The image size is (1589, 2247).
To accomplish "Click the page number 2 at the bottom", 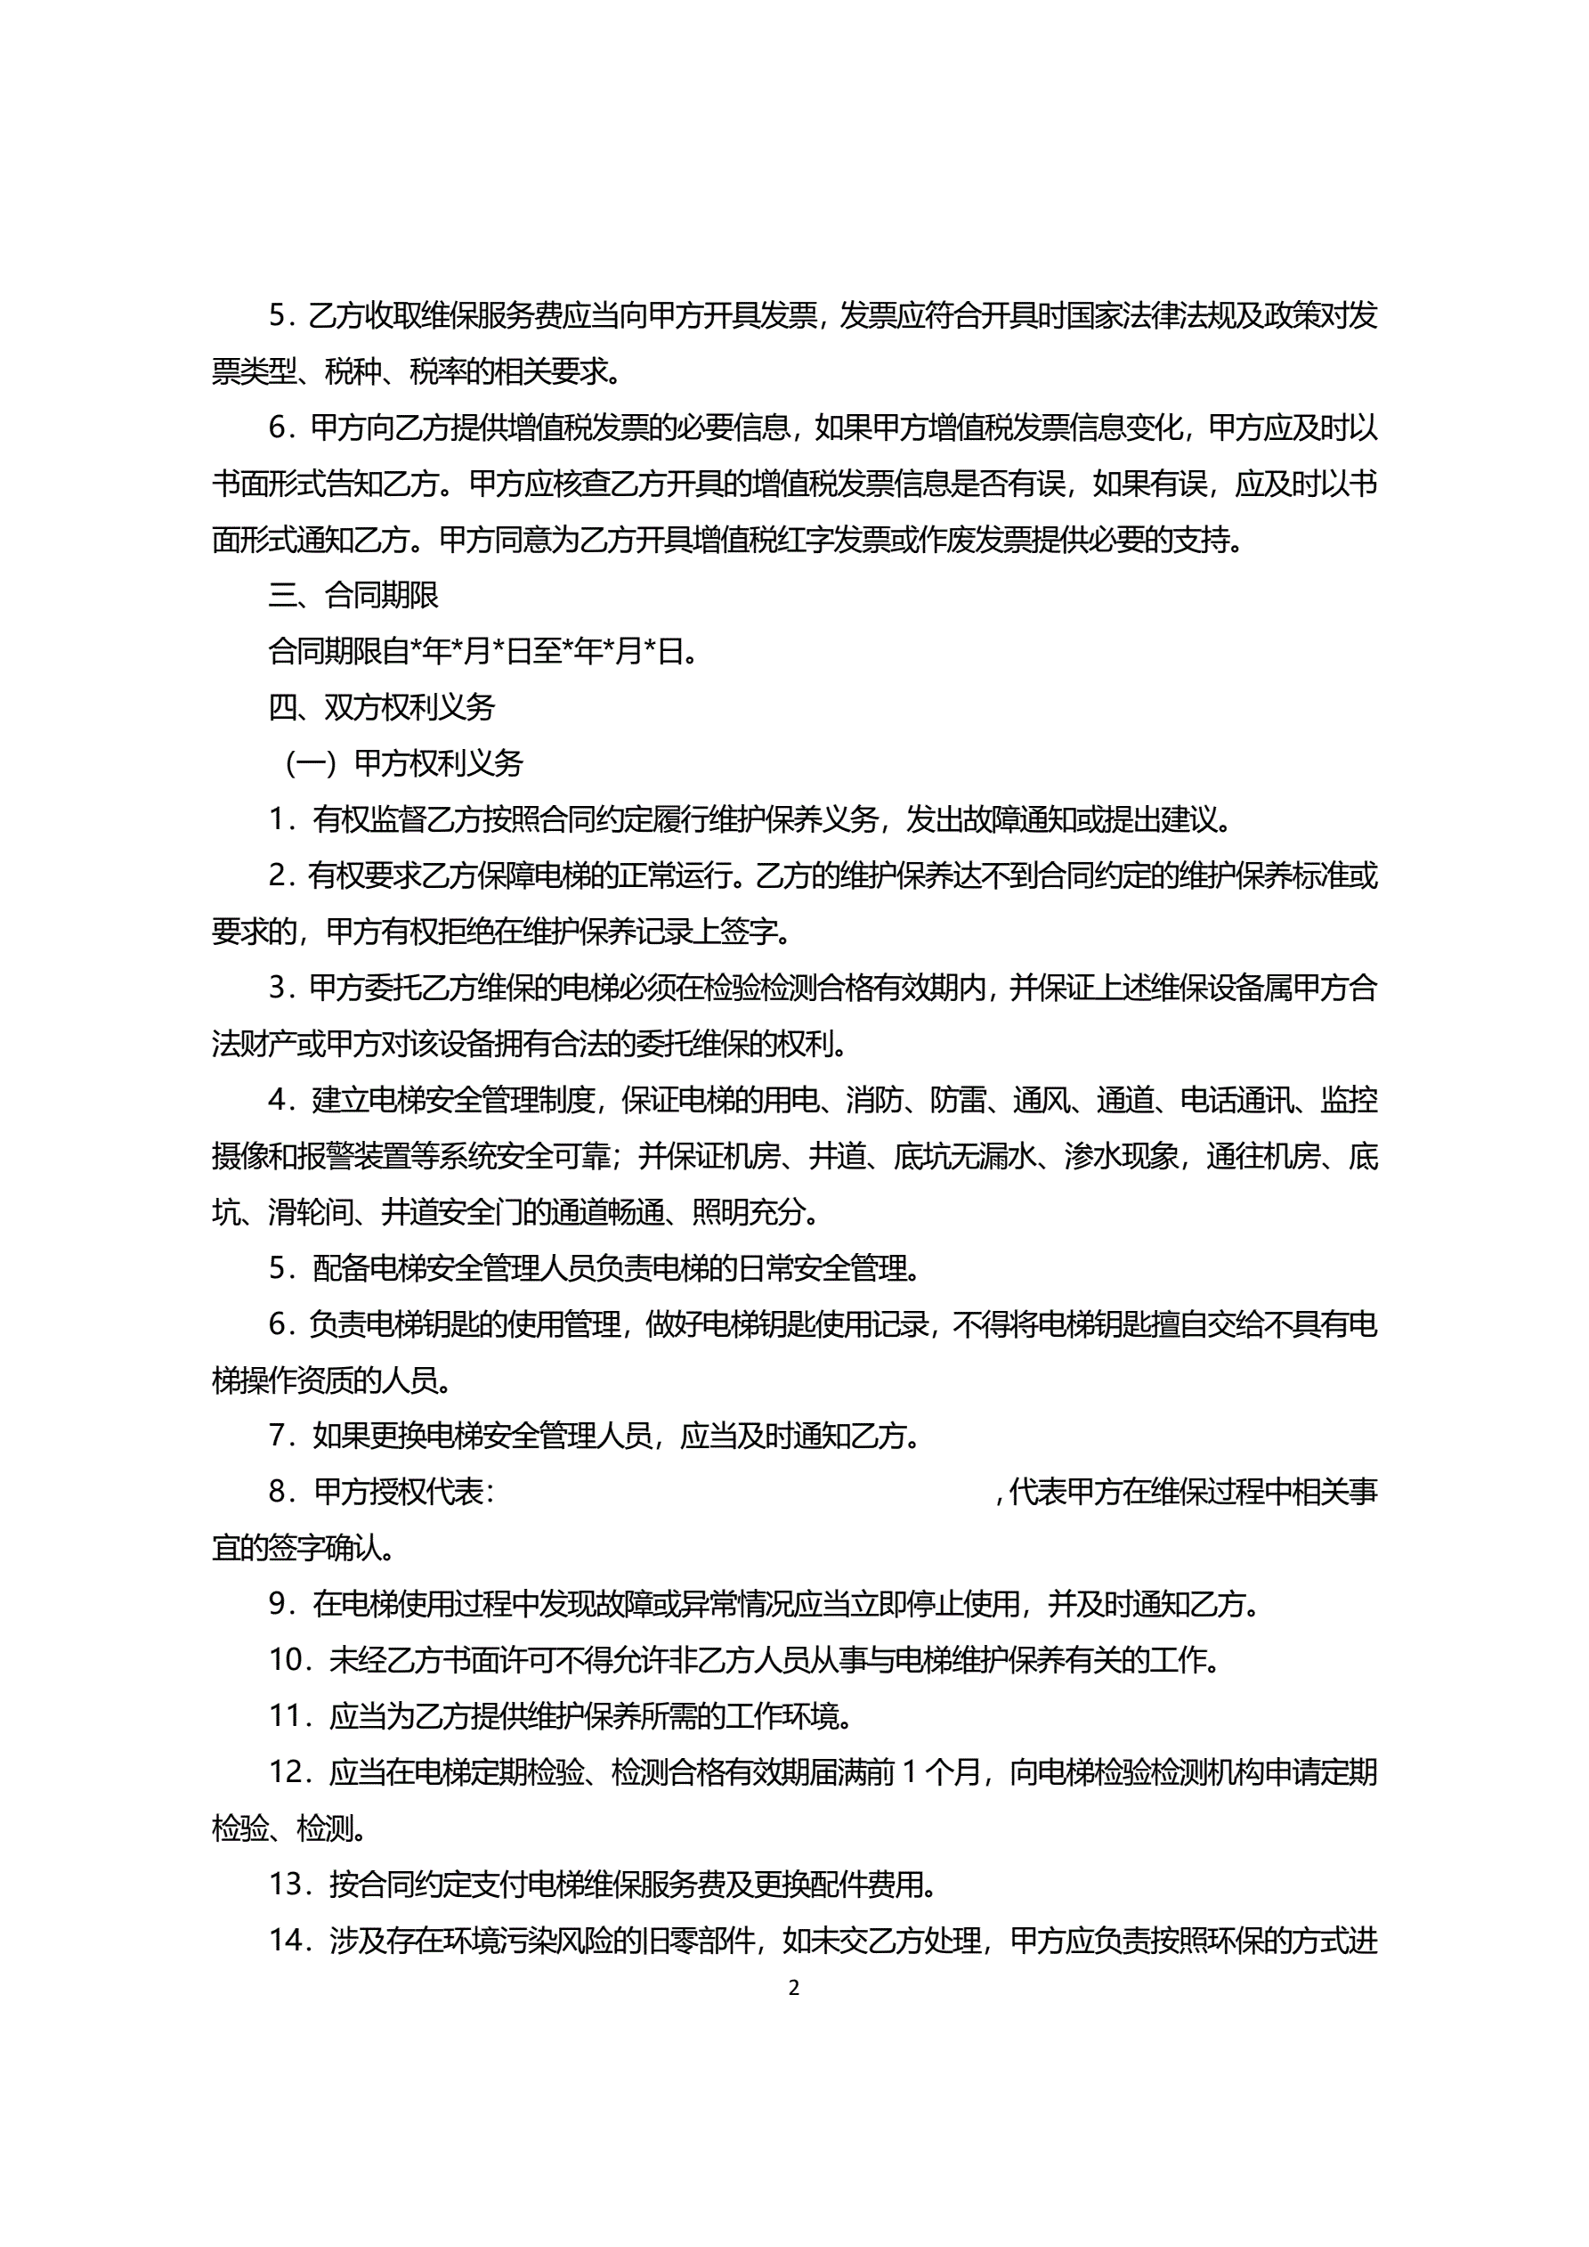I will [x=793, y=1988].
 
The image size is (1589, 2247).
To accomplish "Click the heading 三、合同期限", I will [x=353, y=595].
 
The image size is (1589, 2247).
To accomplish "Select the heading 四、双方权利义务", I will [x=382, y=707].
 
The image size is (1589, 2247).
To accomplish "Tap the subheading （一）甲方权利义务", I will [x=402, y=763].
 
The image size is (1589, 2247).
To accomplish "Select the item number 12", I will [x=288, y=1772].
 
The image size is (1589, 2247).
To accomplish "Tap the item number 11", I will [x=288, y=1715].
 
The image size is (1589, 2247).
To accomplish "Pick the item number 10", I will [x=288, y=1660].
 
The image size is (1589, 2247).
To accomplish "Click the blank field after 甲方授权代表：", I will [x=743, y=1493].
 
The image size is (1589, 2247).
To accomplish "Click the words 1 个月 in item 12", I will [x=939, y=1772].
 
